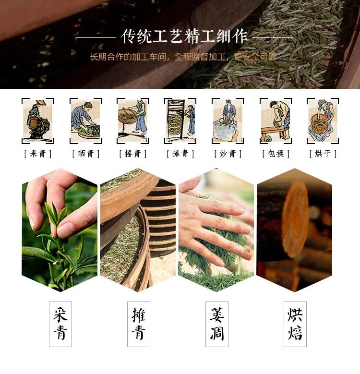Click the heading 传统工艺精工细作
click(x=184, y=37)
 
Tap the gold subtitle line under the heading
click(x=182, y=57)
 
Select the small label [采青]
click(x=37, y=154)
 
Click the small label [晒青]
click(x=86, y=154)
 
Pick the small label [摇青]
click(x=133, y=154)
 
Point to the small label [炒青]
click(x=228, y=154)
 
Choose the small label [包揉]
click(x=276, y=154)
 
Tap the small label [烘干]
click(x=323, y=154)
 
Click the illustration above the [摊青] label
click(x=180, y=121)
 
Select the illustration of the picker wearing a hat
click(x=37, y=121)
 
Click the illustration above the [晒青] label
click(x=86, y=121)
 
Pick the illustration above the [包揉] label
click(x=276, y=121)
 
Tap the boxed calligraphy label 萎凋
click(x=217, y=324)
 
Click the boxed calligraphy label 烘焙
click(x=295, y=324)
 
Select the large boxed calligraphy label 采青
click(x=60, y=324)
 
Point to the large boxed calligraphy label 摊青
click(x=139, y=324)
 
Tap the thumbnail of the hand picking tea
click(x=60, y=230)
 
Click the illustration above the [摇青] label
click(x=133, y=121)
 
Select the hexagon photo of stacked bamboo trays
click(x=138, y=230)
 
